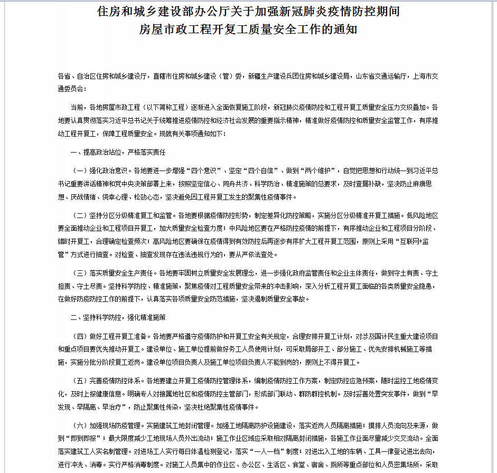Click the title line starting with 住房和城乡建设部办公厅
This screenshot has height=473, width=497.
[248, 12]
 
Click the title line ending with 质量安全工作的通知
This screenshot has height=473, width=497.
[248, 29]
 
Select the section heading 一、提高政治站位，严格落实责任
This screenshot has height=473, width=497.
[118, 152]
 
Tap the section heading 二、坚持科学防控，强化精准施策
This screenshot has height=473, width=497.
[118, 317]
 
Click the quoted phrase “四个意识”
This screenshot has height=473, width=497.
[205, 171]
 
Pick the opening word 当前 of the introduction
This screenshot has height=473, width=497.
[77, 108]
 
